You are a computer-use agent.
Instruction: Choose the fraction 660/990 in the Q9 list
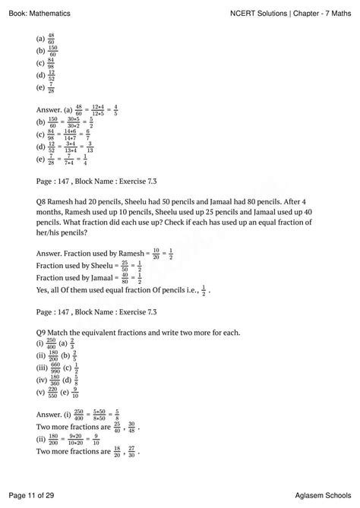click(58, 369)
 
